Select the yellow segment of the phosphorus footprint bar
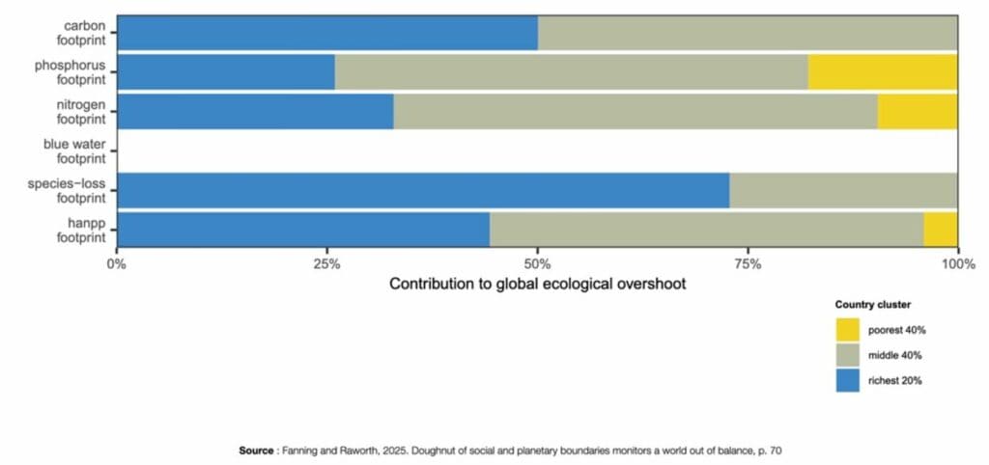[x=882, y=71]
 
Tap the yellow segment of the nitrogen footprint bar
[x=917, y=111]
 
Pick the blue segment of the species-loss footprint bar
[x=422, y=190]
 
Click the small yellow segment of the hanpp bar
[x=940, y=230]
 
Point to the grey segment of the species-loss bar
[x=842, y=190]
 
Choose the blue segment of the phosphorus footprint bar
[x=225, y=71]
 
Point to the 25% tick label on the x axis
[x=327, y=264]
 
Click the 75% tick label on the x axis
[x=748, y=264]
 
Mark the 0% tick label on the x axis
[x=117, y=264]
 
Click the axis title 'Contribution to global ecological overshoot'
[x=537, y=285]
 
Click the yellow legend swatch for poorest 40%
[x=847, y=330]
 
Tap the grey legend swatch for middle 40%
[x=847, y=355]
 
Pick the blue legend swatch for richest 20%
[x=847, y=380]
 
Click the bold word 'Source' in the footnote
[x=256, y=450]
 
